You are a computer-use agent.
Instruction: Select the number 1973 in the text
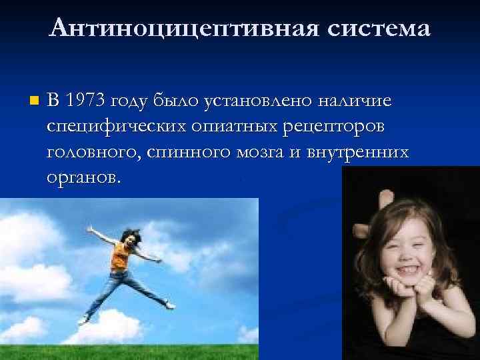pos(89,101)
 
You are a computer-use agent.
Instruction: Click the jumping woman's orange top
pos(120,254)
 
